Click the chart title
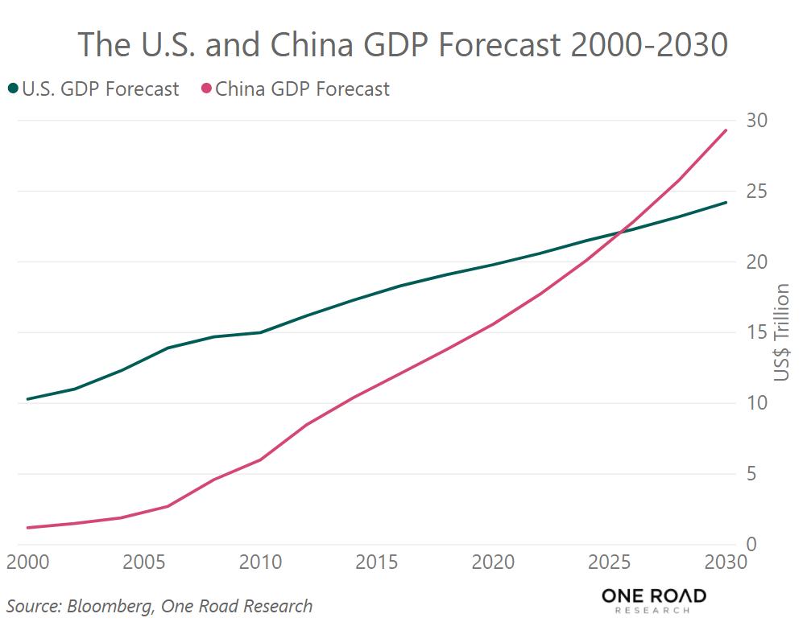click(x=403, y=44)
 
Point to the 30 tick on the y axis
click(x=756, y=121)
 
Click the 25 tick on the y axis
click(x=756, y=192)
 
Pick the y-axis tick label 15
click(x=756, y=332)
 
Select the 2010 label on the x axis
click(x=261, y=562)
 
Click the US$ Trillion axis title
click(x=782, y=333)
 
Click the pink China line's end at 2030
click(x=726, y=130)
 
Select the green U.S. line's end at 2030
click(x=726, y=202)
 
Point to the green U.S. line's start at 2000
click(x=27, y=399)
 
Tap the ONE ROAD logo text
click(x=653, y=596)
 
